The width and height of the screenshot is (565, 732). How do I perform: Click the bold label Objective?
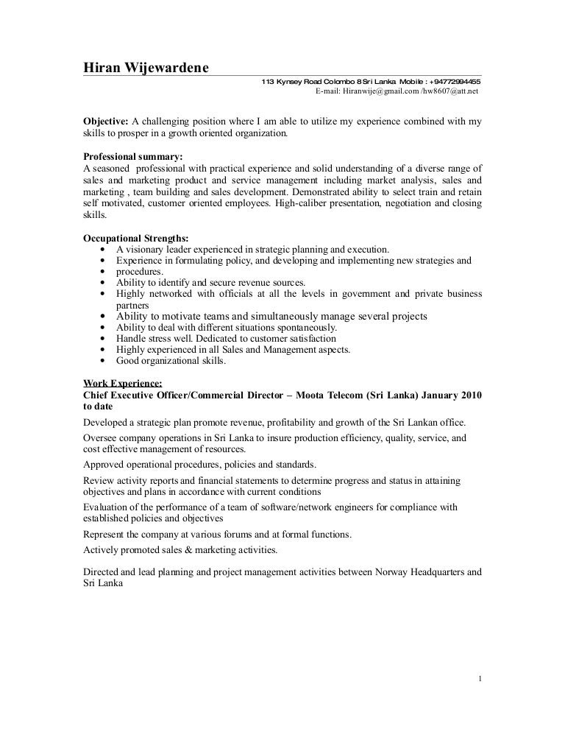coord(104,121)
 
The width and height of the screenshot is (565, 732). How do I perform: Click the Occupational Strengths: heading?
coord(136,238)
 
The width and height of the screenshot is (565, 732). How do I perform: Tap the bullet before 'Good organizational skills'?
coord(100,361)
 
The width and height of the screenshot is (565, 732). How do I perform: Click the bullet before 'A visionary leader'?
coord(100,250)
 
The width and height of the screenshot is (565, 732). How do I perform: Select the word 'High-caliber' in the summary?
coord(305,203)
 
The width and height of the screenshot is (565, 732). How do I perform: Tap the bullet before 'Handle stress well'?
coord(100,339)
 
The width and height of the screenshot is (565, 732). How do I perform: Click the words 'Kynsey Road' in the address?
coord(301,82)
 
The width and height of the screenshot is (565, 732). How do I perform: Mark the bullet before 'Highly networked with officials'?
coord(100,294)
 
